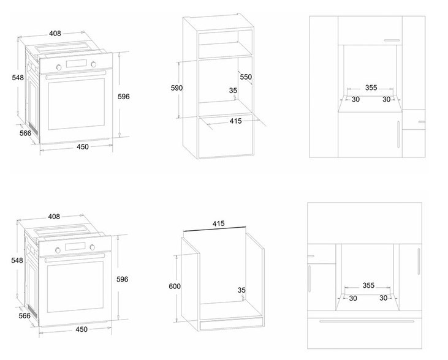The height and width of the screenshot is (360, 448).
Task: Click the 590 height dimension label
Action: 177,88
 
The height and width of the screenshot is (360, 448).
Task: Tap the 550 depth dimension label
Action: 246,77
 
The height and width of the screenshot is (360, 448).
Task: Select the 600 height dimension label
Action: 175,286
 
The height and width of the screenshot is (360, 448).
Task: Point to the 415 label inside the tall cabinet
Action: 236,121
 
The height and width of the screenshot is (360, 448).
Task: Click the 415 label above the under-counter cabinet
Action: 218,223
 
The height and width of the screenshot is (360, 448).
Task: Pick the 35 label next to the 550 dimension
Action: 233,91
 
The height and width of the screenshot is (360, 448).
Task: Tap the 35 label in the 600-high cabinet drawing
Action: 241,290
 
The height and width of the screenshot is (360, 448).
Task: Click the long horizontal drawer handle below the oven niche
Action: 366,321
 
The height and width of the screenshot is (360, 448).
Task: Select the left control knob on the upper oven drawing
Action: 59,67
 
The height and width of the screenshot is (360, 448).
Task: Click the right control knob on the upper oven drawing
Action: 93,64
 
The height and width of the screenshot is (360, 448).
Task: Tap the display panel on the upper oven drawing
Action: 76,64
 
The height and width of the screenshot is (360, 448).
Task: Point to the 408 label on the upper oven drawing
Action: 55,34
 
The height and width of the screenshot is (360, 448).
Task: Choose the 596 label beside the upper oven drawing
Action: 124,97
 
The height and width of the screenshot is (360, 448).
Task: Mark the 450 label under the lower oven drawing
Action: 82,329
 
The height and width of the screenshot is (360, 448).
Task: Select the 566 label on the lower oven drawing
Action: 25,316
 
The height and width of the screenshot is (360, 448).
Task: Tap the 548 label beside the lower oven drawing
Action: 17,260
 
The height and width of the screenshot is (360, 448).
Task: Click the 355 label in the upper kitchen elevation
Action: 371,88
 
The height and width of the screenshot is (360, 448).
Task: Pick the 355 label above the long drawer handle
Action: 368,285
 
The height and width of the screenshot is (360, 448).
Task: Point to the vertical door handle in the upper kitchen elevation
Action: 398,134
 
